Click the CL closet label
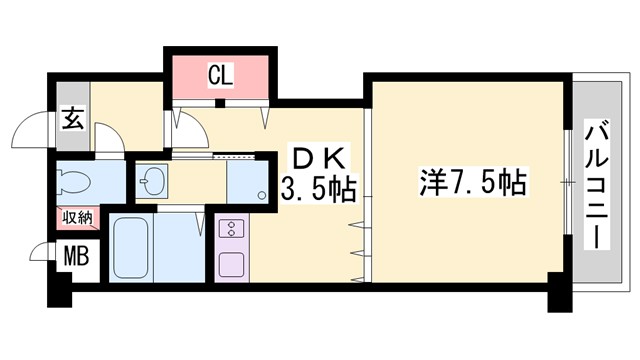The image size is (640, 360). click(220, 73)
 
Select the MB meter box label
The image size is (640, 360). click(76, 257)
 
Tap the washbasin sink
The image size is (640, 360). click(153, 182)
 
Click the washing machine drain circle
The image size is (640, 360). click(260, 194)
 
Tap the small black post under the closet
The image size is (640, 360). click(221, 102)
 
